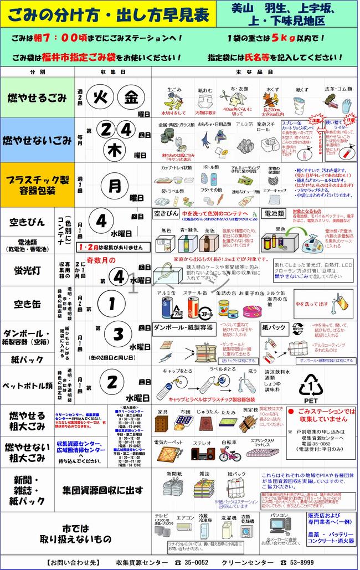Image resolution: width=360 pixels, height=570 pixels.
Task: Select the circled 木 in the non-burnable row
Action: click(115, 149)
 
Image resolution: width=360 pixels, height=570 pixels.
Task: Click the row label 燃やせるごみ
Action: click(38, 98)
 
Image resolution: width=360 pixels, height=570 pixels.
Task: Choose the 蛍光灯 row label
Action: click(27, 270)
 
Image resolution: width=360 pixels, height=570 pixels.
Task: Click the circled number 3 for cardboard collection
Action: click(117, 334)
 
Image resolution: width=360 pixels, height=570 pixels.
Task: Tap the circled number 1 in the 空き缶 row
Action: click(111, 303)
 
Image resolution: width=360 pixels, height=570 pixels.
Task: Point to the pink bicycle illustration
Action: click(229, 454)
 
